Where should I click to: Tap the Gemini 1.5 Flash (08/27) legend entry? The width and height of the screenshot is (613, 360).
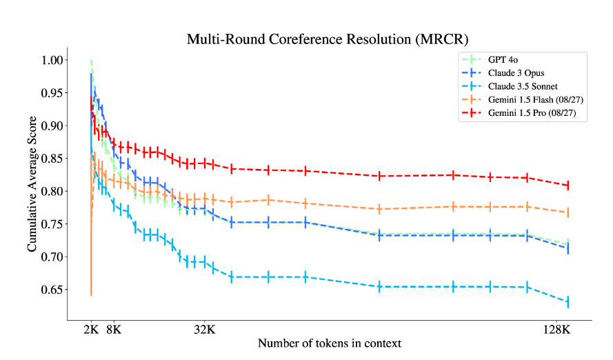point(532,100)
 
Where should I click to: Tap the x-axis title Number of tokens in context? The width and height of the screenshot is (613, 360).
point(330,343)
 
